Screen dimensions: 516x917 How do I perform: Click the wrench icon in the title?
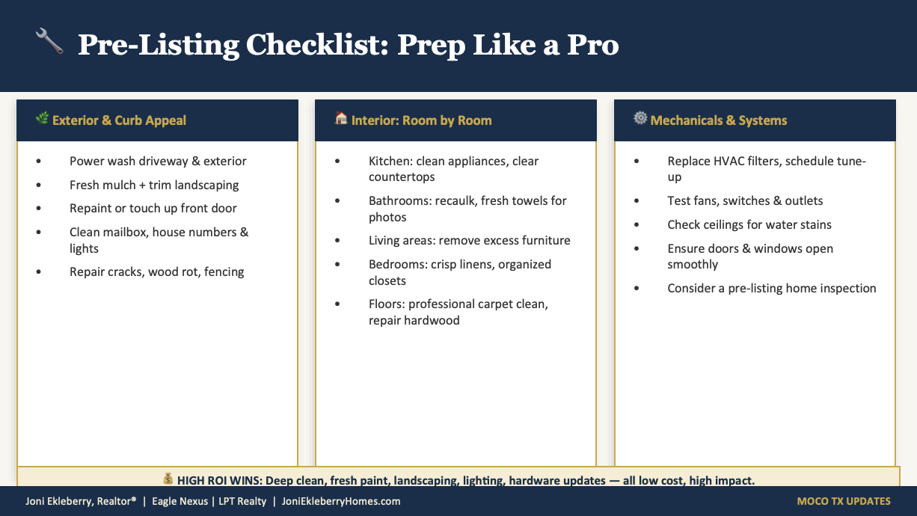coord(49,42)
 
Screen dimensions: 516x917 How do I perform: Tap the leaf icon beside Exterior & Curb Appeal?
coord(42,119)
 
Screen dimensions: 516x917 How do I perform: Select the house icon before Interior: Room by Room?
coord(341,119)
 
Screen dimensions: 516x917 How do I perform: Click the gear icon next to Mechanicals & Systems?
coord(640,118)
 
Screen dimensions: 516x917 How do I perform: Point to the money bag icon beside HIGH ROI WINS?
coord(168,479)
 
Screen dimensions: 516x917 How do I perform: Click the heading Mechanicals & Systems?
coord(719,120)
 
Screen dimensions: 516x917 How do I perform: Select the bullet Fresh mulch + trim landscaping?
coord(154,185)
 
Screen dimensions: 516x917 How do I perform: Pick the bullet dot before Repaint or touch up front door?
coord(39,209)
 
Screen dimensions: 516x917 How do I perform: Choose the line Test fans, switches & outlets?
coord(745,200)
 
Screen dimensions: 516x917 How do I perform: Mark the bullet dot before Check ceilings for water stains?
coord(637,225)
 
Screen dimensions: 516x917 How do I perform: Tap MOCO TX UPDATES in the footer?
coord(844,501)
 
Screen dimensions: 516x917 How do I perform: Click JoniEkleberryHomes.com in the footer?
coord(341,501)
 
